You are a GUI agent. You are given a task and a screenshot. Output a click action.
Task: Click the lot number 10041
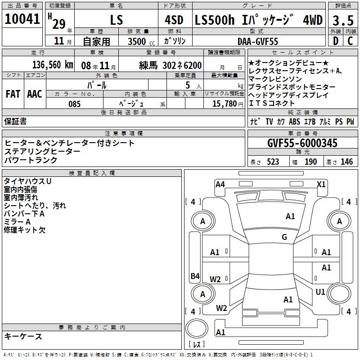(22, 19)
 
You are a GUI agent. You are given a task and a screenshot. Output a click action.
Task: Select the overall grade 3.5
(343, 20)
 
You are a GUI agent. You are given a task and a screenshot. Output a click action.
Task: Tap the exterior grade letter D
(336, 41)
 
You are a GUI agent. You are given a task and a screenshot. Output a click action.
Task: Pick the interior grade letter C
(350, 41)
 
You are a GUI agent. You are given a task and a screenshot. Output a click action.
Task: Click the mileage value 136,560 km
(53, 65)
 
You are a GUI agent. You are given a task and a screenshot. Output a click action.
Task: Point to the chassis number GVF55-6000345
(302, 143)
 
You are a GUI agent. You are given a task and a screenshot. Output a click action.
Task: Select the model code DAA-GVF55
(258, 41)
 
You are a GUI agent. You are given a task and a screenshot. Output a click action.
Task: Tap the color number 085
(74, 104)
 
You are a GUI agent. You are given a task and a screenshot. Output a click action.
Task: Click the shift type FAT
(13, 94)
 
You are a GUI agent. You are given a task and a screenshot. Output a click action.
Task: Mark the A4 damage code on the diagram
(220, 184)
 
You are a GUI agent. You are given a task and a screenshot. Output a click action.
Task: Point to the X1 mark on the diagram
(321, 184)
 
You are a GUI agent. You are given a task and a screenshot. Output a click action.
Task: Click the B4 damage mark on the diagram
(195, 276)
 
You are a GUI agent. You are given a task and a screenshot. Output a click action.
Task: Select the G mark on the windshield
(284, 237)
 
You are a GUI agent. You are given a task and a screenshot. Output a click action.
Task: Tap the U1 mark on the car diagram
(320, 292)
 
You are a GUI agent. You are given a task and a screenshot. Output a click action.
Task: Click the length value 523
(273, 162)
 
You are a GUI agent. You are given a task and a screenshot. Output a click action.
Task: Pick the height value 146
(346, 162)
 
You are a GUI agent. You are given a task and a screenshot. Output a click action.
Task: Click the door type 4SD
(174, 20)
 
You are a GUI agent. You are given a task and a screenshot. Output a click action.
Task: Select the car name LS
(117, 20)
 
